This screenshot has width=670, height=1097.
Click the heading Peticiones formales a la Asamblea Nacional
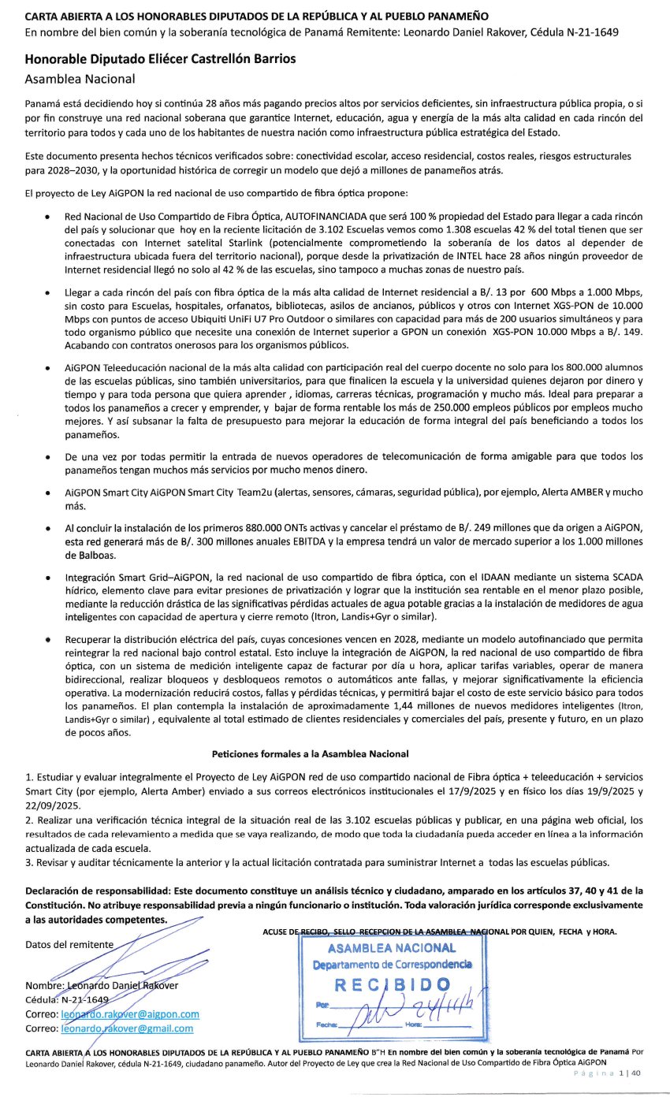coord(334,754)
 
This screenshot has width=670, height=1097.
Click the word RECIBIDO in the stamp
coord(392,984)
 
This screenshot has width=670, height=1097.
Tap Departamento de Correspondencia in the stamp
coord(392,965)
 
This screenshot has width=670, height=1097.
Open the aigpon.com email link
coord(130,1013)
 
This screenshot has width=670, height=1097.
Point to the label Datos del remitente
coord(69,944)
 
